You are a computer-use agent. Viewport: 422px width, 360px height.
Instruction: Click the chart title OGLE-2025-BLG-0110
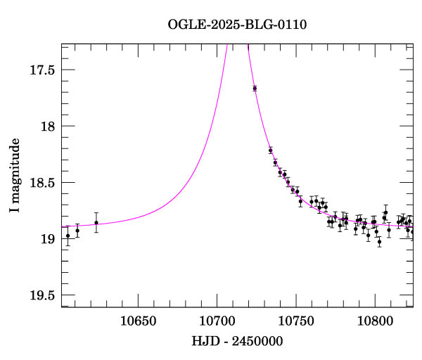tap(237, 24)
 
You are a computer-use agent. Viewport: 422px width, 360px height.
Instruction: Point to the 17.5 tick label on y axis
tap(43, 70)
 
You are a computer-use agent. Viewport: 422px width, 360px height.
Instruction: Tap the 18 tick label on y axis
tap(49, 126)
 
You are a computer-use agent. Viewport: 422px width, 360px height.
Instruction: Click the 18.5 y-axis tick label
tap(43, 183)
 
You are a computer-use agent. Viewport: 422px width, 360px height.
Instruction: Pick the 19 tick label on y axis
tap(49, 239)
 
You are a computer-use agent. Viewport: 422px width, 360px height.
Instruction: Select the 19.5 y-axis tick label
tap(43, 295)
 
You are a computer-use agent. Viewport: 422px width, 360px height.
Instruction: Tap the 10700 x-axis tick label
tap(216, 321)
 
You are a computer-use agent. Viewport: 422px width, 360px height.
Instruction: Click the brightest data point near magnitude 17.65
tap(255, 88)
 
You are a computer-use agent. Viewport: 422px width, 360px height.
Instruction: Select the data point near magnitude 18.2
tap(270, 150)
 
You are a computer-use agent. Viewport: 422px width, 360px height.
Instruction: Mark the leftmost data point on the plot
tap(68, 236)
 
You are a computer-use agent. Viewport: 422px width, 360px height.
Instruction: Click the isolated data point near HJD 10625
tap(96, 223)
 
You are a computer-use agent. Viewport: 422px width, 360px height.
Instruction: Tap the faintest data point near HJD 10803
tap(379, 242)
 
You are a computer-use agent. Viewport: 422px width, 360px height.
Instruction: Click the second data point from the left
tap(77, 231)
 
